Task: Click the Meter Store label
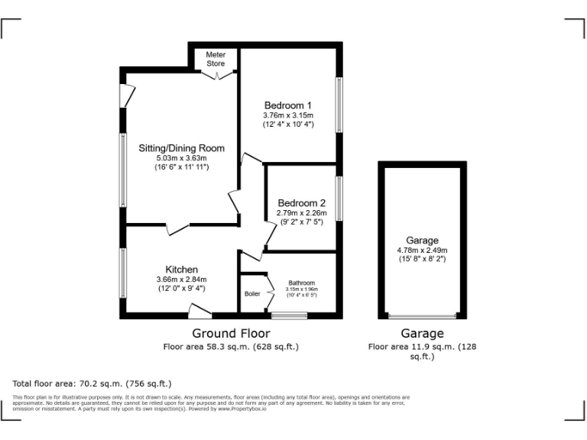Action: (215, 60)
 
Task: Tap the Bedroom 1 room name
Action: (288, 105)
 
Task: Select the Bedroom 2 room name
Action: (301, 202)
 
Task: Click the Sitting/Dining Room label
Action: (181, 147)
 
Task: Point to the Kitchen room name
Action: (182, 270)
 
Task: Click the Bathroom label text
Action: (301, 283)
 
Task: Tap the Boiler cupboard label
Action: (251, 293)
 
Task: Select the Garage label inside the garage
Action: (422, 241)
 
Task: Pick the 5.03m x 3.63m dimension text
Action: (181, 157)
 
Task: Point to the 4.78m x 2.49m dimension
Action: (422, 250)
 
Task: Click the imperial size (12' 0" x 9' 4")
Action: (182, 289)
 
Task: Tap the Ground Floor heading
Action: (231, 333)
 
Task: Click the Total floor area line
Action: (92, 383)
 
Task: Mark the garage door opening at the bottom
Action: (422, 315)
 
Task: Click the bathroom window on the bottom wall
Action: (289, 315)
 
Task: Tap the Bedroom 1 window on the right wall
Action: (339, 105)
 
